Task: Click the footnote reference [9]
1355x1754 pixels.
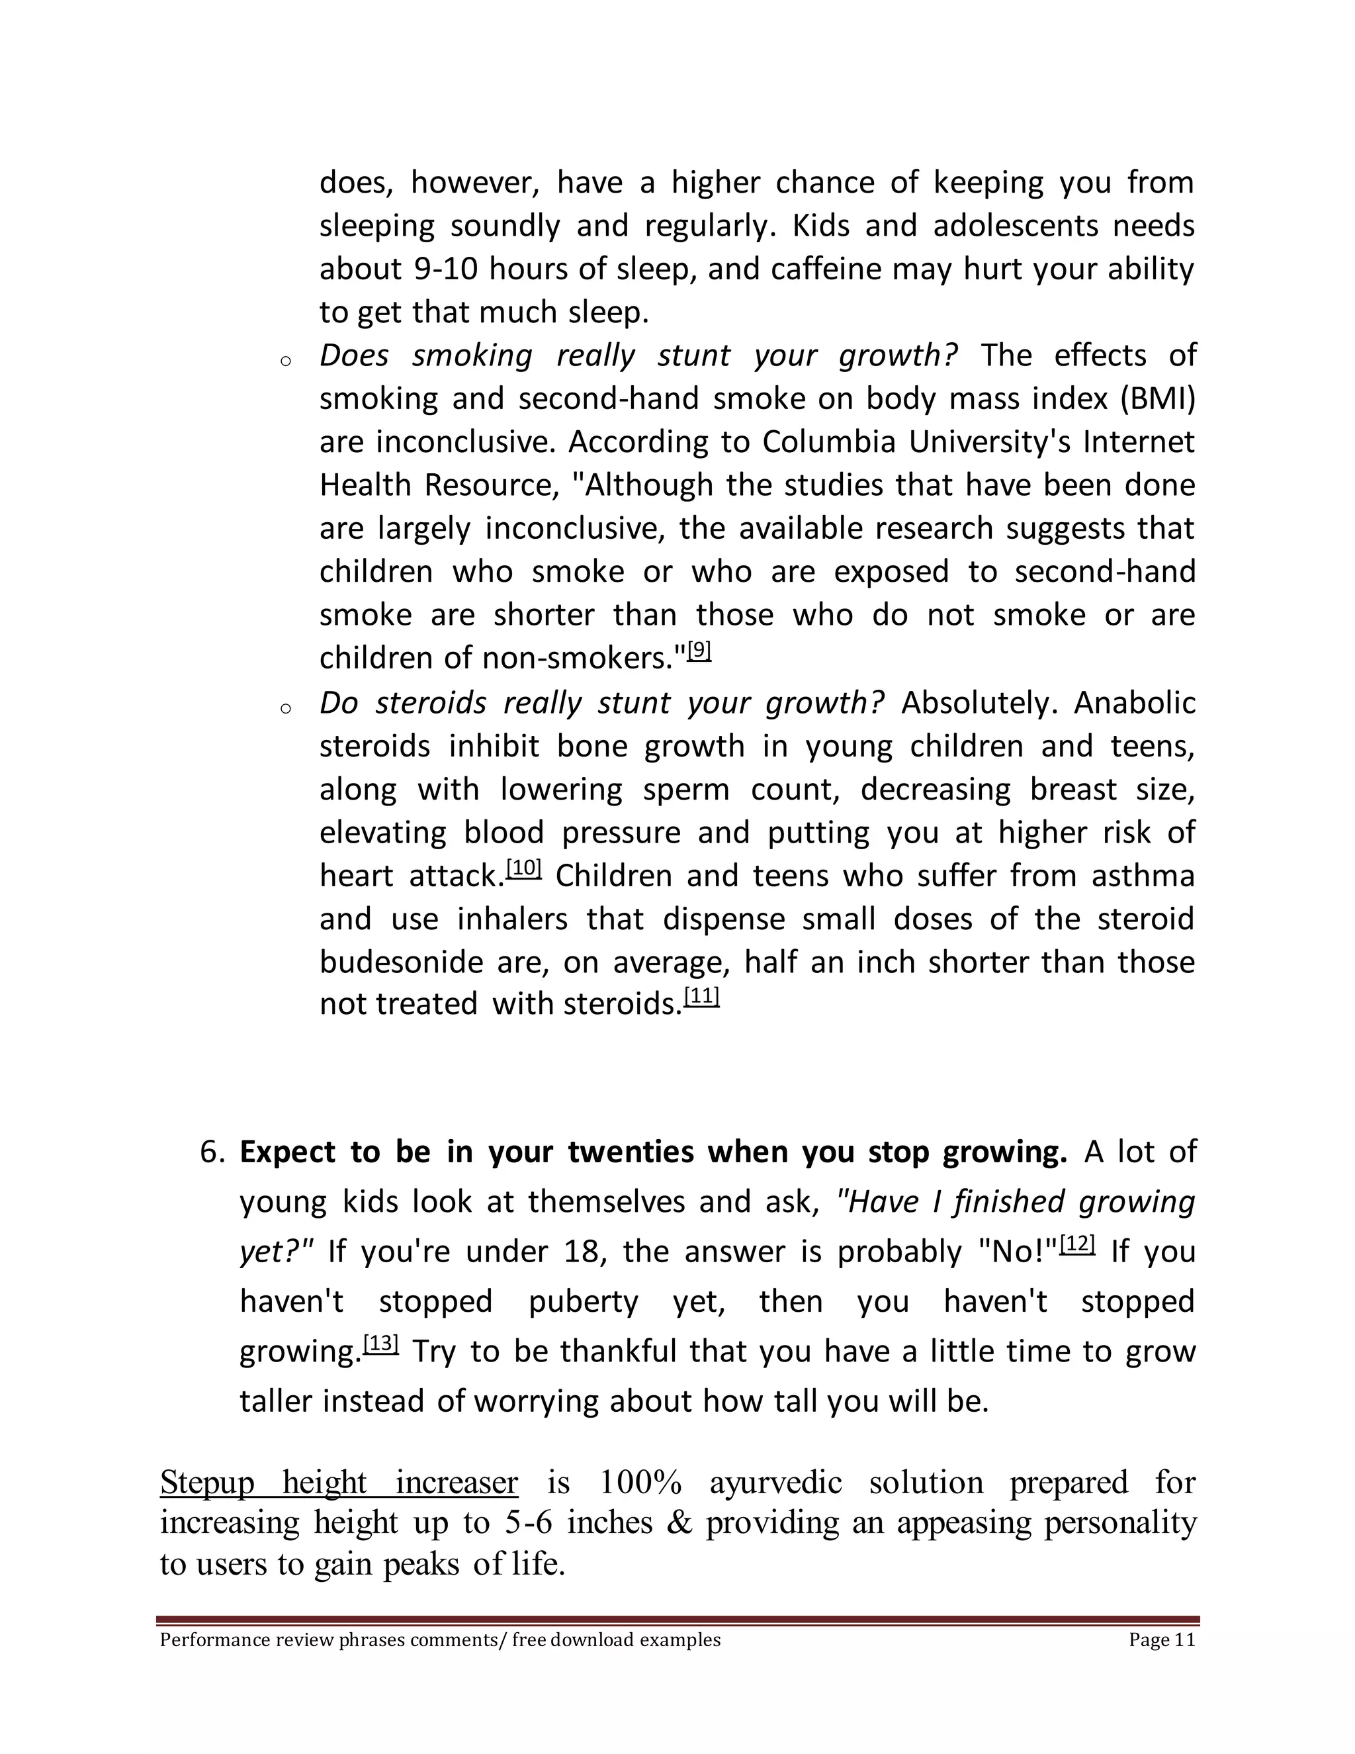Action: (700, 651)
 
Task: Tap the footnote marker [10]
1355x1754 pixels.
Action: (524, 868)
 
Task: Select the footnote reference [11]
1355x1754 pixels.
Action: (701, 997)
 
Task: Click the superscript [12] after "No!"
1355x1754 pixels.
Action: (1077, 1245)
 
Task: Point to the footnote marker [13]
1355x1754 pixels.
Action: (380, 1344)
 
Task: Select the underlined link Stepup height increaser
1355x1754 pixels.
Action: (339, 1482)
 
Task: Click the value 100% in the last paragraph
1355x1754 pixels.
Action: (640, 1482)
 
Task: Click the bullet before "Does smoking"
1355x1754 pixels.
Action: (285, 361)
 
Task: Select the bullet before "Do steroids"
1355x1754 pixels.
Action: (285, 708)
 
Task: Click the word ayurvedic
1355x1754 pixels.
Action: (775, 1482)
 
